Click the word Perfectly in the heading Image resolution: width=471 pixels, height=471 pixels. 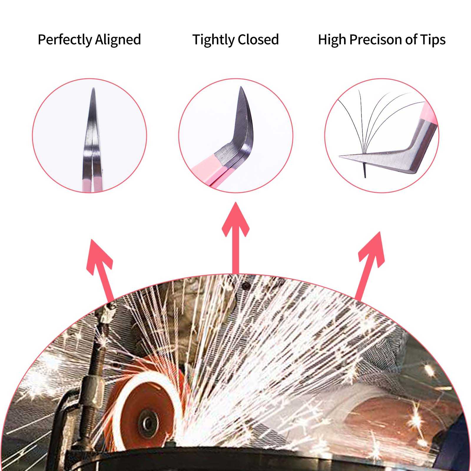[x=65, y=40]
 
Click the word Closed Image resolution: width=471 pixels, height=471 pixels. [x=258, y=39]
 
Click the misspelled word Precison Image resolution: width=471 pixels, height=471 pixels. [x=375, y=39]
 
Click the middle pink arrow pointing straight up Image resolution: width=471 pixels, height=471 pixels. [x=235, y=238]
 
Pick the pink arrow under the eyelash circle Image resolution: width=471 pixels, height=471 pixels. [x=370, y=266]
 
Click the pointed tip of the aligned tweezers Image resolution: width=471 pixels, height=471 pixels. [x=93, y=88]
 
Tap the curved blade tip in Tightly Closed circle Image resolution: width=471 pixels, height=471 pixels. [x=241, y=87]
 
